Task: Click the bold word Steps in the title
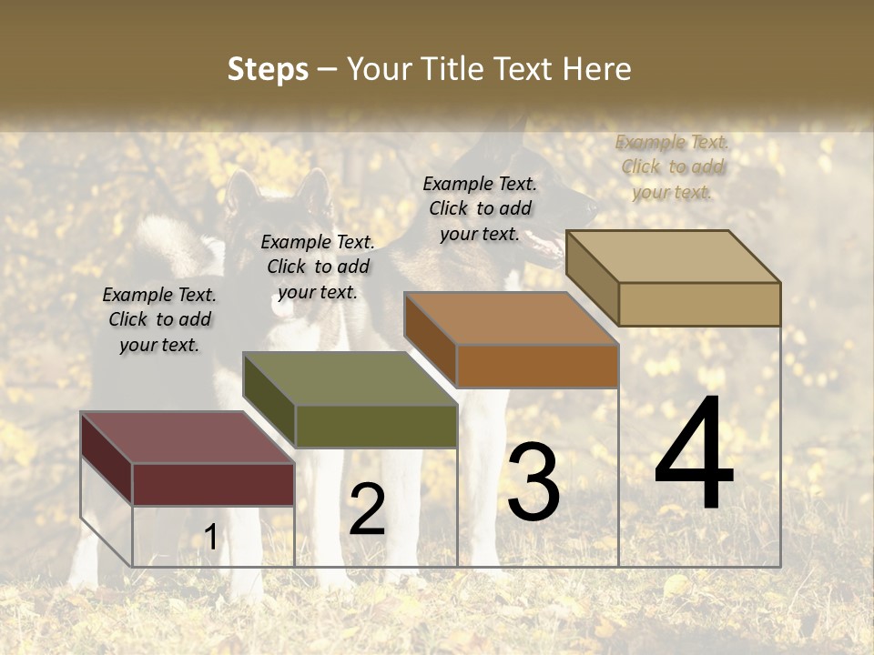[x=268, y=69]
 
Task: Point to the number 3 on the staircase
[x=534, y=481]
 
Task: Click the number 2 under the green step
[x=367, y=509]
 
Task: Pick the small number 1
[x=210, y=538]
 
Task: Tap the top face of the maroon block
[x=187, y=438]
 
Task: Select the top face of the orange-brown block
[x=511, y=318]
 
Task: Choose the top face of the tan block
[x=673, y=257]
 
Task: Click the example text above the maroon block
[x=159, y=319]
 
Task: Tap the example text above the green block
[x=318, y=267]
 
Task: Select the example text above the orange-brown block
[x=480, y=208]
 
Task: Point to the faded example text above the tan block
[x=672, y=166]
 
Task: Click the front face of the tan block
[x=699, y=304]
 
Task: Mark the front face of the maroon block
[x=213, y=484]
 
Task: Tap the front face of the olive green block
[x=375, y=426]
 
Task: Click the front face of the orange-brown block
[x=537, y=366]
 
